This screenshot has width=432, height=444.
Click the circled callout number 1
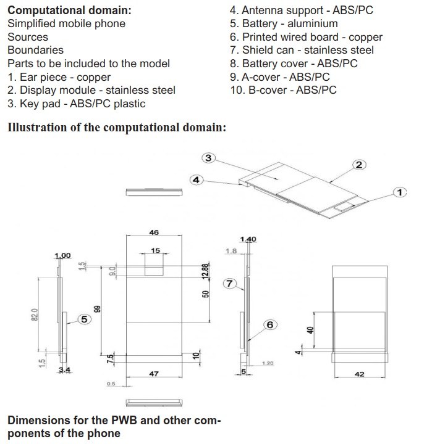coord(400,192)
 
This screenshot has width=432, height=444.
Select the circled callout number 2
coord(360,164)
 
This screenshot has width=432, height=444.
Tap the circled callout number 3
coord(208,158)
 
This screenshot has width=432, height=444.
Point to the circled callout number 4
coord(196,179)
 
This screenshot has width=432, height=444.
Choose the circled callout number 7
coord(229,283)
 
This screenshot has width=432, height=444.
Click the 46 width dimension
coord(154,232)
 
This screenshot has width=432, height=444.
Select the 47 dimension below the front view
coord(155,374)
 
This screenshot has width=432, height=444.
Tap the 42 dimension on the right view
coord(360,374)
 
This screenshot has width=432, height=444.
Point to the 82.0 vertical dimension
coord(35,315)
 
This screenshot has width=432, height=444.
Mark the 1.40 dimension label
coord(247,239)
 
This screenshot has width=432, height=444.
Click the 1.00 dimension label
coord(63,256)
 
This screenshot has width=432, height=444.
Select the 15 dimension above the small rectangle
coord(155,251)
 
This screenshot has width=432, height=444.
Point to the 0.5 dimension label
coord(111,384)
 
